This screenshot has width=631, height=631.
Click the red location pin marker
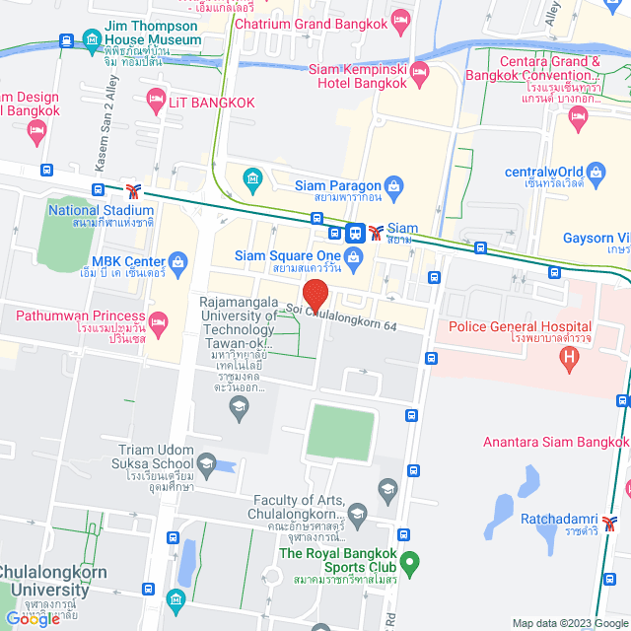click(315, 295)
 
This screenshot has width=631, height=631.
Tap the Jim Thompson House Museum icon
click(92, 40)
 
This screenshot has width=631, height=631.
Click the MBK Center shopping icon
click(177, 261)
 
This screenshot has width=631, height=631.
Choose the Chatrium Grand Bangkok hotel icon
click(400, 19)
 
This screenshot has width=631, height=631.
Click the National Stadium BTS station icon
click(134, 189)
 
